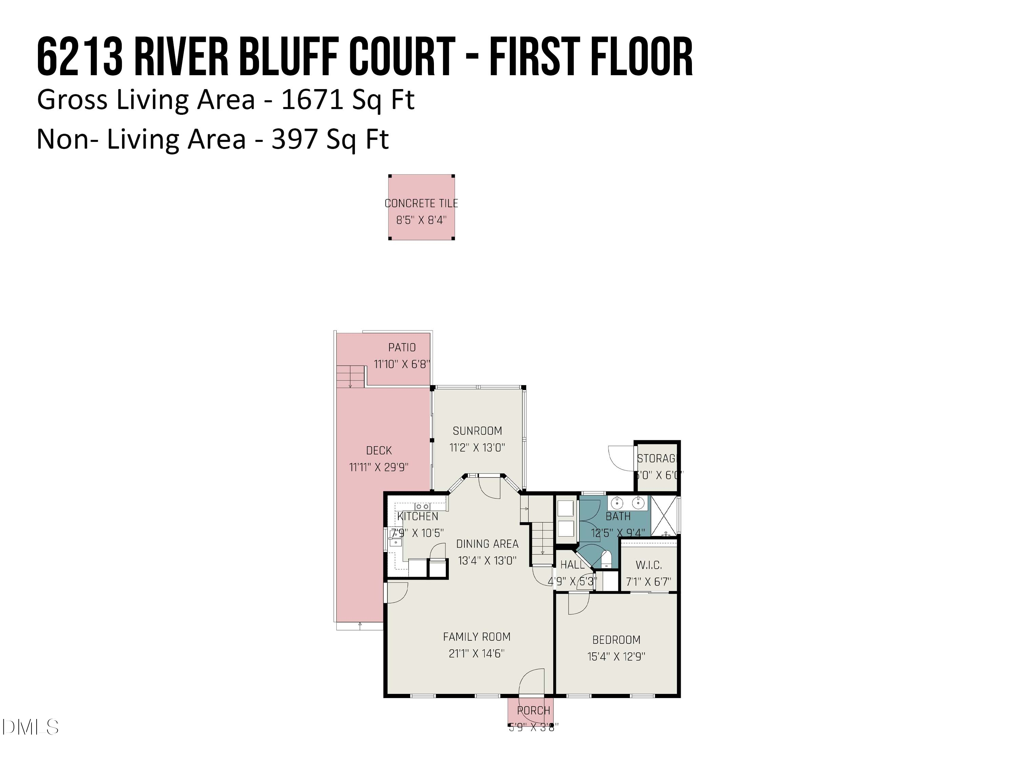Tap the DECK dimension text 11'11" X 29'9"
tap(379, 467)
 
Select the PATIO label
tap(402, 348)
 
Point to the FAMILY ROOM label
tap(477, 637)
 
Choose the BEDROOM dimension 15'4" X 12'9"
tap(616, 656)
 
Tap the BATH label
tap(618, 516)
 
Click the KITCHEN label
tap(417, 516)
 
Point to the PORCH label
tap(533, 711)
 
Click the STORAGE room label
tap(657, 459)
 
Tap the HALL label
tap(573, 565)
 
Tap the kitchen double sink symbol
tap(422, 506)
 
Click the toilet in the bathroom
tap(606, 559)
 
